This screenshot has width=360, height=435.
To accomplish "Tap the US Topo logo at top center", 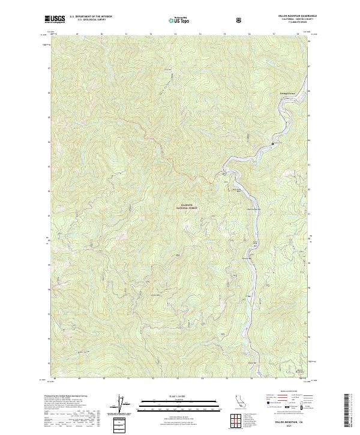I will pyautogui.click(x=178, y=20).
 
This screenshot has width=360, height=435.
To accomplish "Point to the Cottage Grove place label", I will pyautogui.click(x=289, y=94).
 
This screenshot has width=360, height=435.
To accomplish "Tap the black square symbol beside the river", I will pyautogui.click(x=273, y=144).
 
